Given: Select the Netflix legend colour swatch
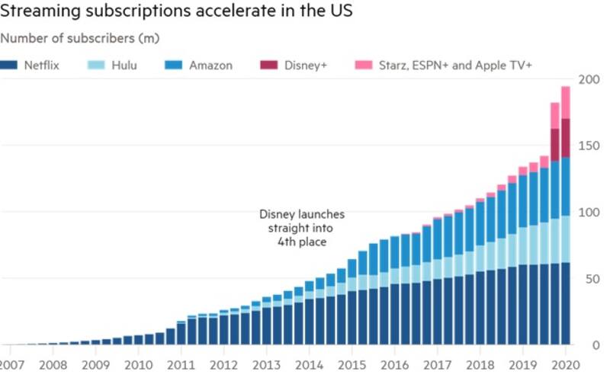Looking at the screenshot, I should (11, 65).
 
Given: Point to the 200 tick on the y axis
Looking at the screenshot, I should (589, 79).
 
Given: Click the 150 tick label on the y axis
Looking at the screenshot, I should (589, 146).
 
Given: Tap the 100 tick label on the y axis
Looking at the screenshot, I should (589, 212).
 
